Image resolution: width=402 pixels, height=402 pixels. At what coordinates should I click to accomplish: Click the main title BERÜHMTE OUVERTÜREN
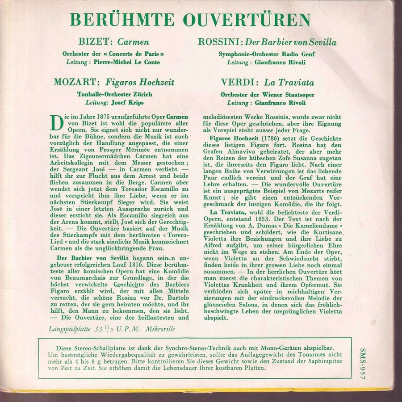[x=190, y=20]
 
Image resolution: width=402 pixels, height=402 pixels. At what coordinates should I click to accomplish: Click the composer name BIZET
[x=95, y=42]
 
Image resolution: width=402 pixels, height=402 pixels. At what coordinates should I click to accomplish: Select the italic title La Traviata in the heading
[x=289, y=83]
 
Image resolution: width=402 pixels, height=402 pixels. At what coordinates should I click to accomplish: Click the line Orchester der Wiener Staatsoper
[x=267, y=95]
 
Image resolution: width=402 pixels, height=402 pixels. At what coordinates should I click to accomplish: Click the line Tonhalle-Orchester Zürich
[x=115, y=94]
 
